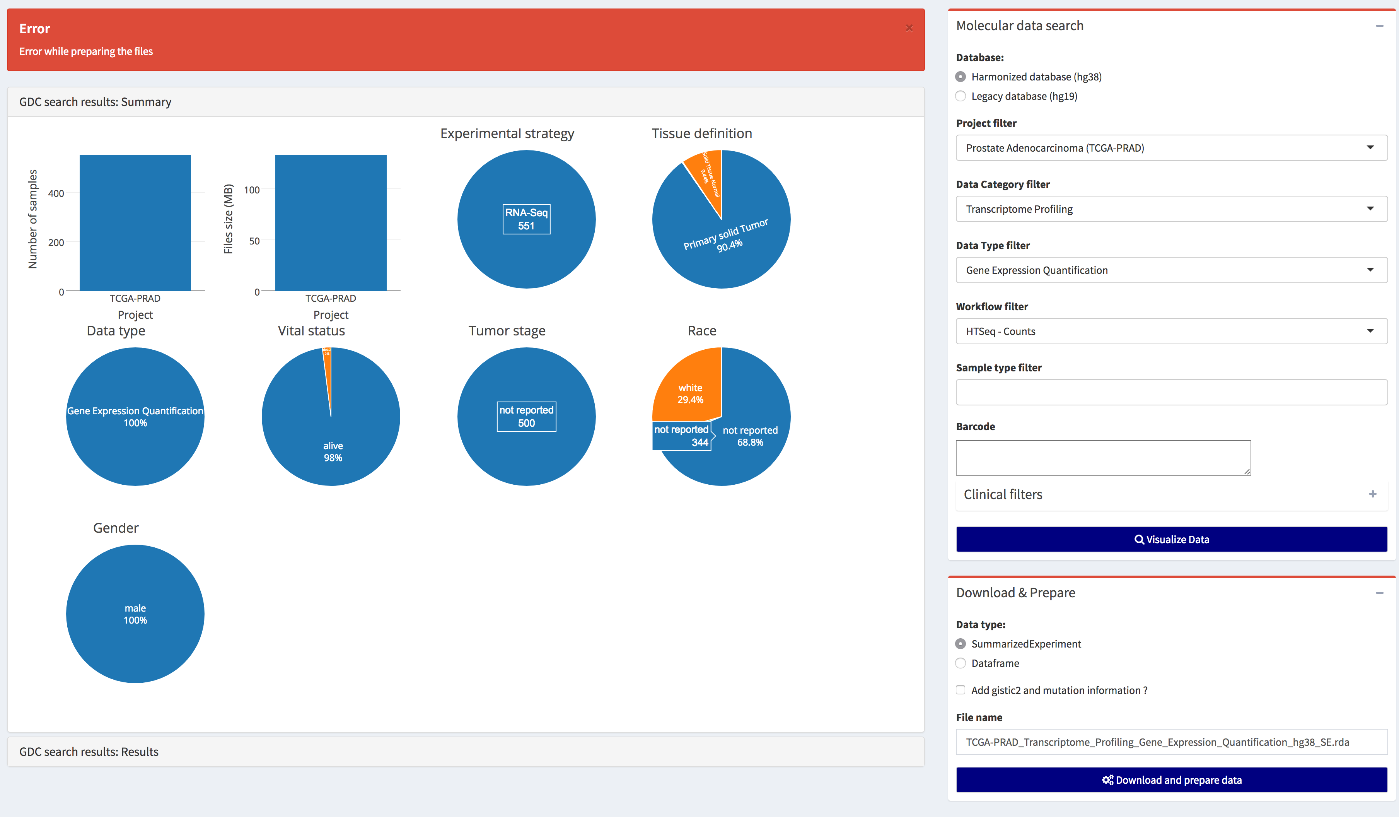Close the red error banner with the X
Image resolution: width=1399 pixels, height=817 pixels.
(909, 28)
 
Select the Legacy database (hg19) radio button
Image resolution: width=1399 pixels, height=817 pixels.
(961, 96)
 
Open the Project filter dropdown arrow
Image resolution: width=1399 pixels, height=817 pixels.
(1370, 148)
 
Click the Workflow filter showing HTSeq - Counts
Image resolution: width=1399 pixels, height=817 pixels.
(1171, 331)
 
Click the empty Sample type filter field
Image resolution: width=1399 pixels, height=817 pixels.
(1171, 392)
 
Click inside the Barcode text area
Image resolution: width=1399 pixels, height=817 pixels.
(1102, 458)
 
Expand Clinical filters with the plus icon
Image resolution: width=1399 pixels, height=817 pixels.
(1372, 494)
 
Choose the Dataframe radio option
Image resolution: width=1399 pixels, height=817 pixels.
(961, 663)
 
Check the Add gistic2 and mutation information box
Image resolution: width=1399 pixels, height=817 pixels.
(961, 690)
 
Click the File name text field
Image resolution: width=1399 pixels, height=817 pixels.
(1171, 742)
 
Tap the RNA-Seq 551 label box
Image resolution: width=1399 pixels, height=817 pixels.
(526, 219)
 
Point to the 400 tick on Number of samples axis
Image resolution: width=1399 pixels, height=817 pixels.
(56, 193)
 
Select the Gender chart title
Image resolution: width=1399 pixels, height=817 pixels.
(116, 528)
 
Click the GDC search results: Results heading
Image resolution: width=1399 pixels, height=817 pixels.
(89, 752)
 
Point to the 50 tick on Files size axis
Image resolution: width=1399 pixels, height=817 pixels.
(254, 241)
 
